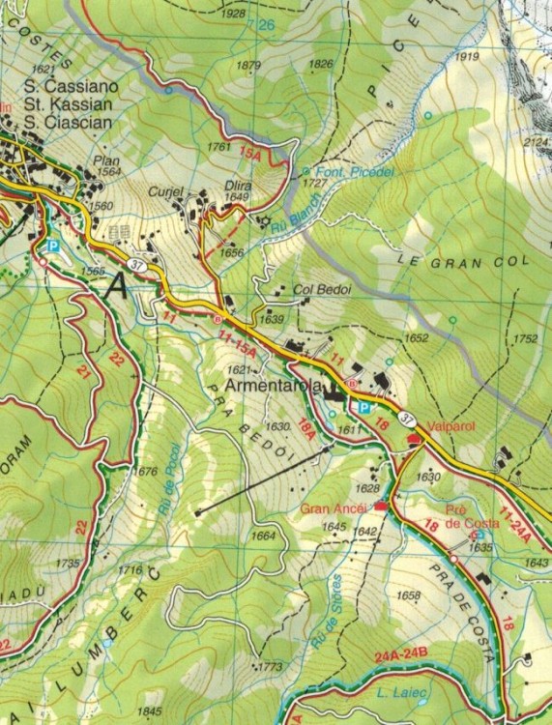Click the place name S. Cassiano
[x=72, y=87]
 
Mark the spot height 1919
[x=468, y=57]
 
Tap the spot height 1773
[x=271, y=667]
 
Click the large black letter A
[x=117, y=285]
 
